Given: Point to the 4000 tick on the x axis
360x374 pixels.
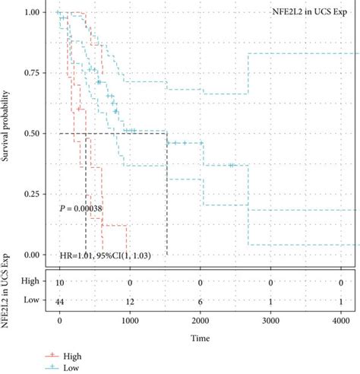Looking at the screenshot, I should pos(343,321).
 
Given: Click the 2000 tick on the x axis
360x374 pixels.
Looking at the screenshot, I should pos(201,321).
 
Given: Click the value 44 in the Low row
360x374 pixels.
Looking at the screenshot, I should pos(60,302).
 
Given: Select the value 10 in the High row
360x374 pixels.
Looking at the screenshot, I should pos(60,282).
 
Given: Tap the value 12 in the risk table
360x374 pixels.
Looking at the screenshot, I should pos(131,302).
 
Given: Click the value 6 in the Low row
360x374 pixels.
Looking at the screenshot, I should pos(201,302).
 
